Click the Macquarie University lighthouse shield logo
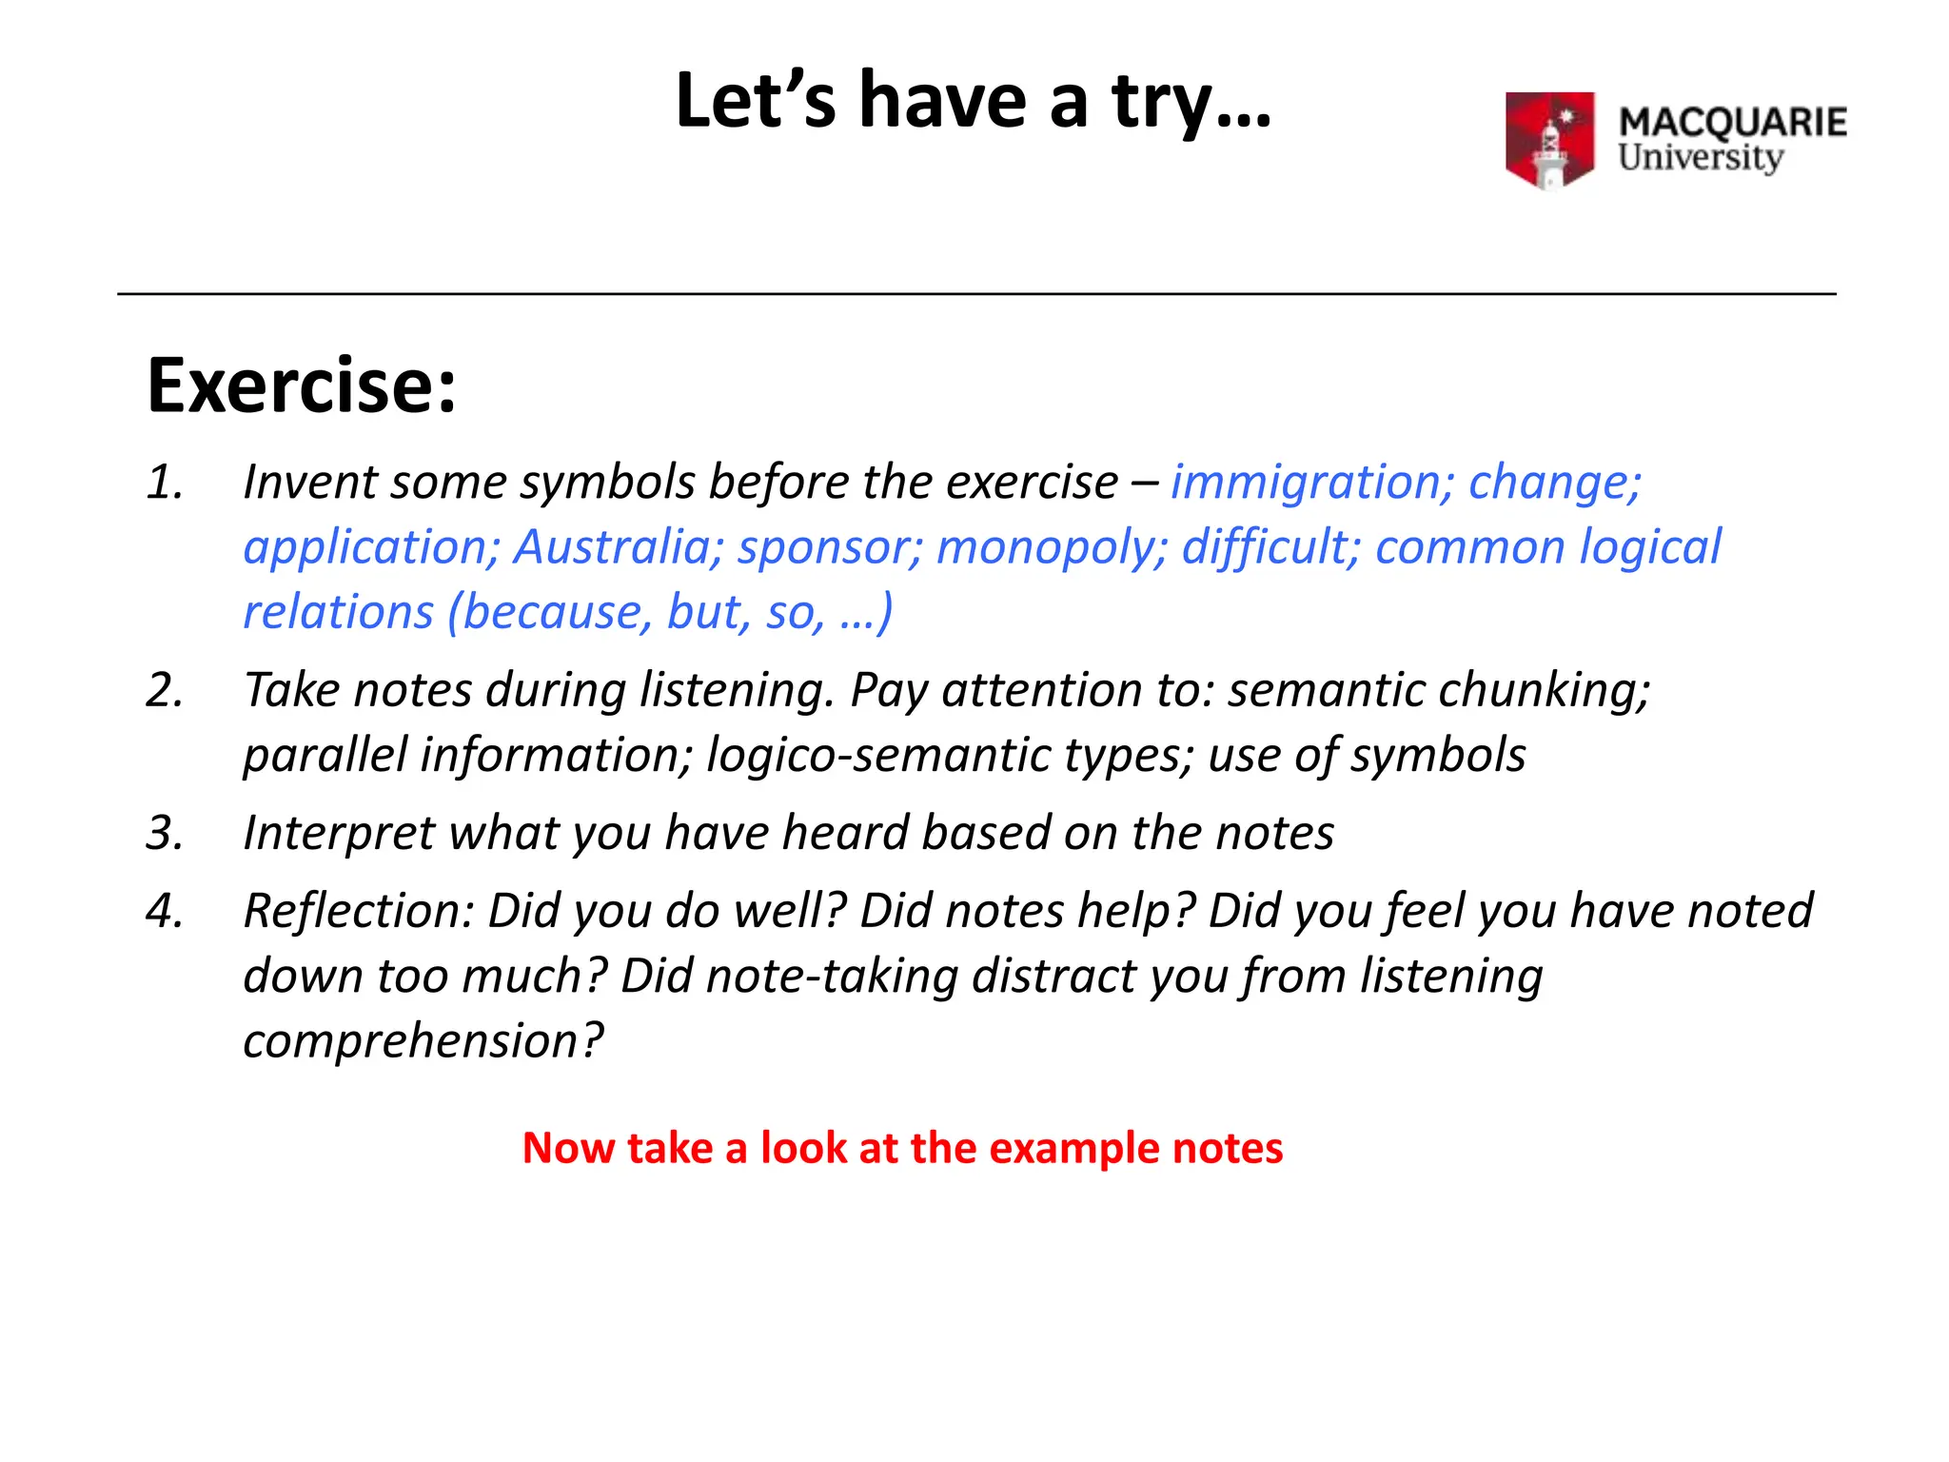click(x=1549, y=140)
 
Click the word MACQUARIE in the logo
click(x=1732, y=123)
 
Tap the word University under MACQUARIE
click(x=1701, y=158)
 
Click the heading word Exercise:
click(x=302, y=385)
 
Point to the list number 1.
click(x=165, y=483)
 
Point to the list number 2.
click(x=165, y=690)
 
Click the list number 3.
click(x=165, y=833)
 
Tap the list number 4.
click(x=165, y=911)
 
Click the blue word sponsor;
click(x=830, y=547)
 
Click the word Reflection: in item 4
click(x=359, y=911)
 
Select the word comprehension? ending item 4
click(x=423, y=1040)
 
